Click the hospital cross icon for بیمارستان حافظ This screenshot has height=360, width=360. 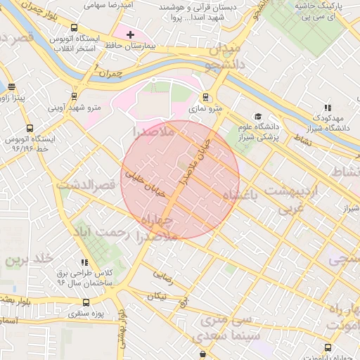(130, 34)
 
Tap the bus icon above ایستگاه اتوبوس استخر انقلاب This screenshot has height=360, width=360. (75, 27)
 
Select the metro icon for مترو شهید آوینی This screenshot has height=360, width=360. (75, 96)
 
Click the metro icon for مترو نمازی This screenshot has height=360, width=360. (205, 97)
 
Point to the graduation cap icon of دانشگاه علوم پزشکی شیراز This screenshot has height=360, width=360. (257, 116)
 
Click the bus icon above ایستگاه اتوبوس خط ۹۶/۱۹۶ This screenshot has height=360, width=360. (29, 129)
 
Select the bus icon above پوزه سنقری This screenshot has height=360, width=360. (86, 302)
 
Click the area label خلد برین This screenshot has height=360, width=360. (30, 259)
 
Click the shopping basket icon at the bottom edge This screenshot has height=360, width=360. (202, 354)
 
